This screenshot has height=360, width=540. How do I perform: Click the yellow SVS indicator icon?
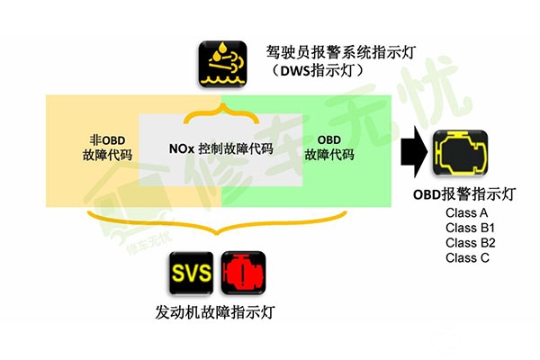click(x=192, y=273)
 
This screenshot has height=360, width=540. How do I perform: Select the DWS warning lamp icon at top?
click(x=220, y=63)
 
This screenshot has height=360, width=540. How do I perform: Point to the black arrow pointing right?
click(x=413, y=150)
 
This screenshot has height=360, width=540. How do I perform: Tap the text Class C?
click(x=465, y=258)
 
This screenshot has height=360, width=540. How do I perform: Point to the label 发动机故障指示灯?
click(x=215, y=312)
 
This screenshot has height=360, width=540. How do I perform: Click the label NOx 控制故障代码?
click(x=220, y=148)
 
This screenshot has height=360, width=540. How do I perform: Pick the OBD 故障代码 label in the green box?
click(x=329, y=148)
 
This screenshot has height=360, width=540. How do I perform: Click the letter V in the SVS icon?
click(x=191, y=273)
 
